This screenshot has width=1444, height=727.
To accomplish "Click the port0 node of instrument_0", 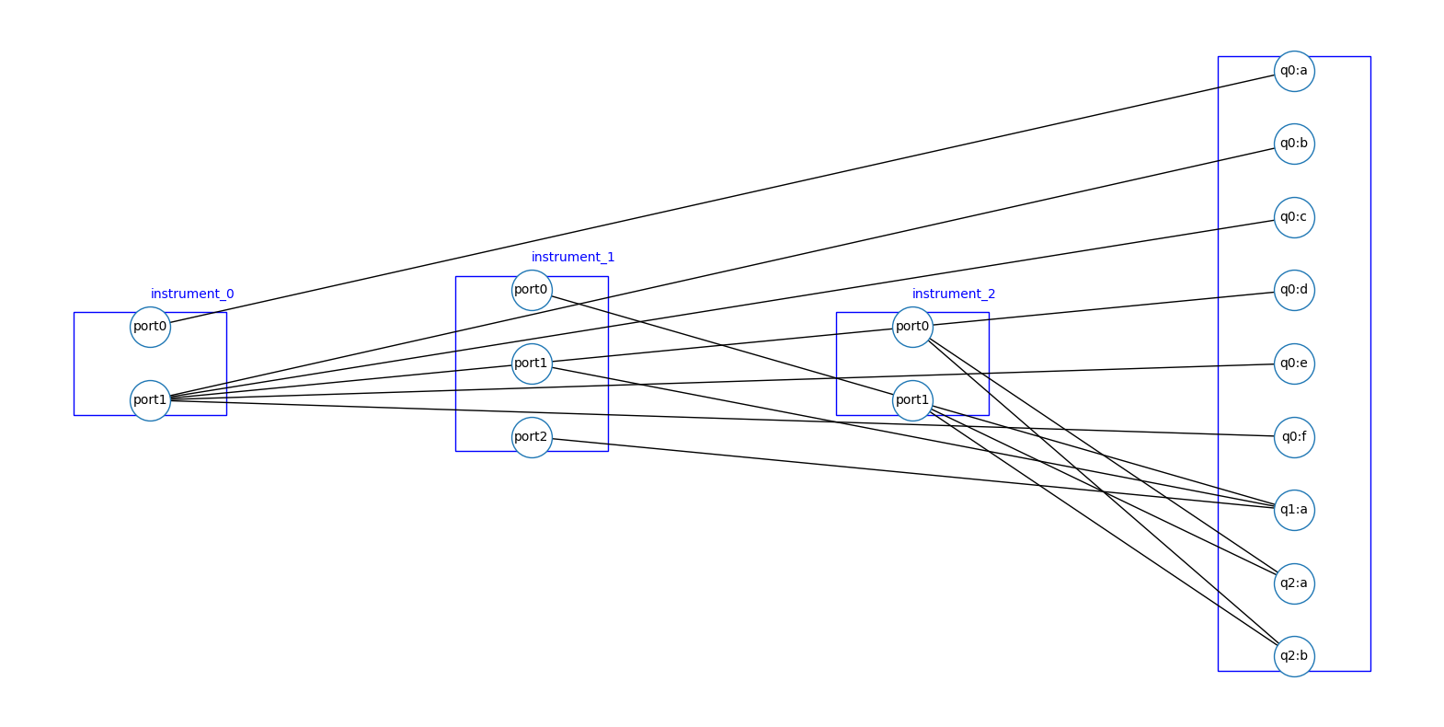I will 150,327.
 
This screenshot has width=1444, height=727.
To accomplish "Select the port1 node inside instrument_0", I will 150,400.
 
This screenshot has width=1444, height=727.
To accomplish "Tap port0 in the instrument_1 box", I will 532,290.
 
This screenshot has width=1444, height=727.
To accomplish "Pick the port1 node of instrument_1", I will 532,363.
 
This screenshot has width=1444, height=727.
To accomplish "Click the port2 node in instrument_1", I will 532,437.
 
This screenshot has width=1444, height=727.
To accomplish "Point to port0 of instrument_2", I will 912,327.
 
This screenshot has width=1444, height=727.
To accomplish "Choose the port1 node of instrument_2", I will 912,400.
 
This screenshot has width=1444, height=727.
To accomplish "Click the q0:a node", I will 1294,71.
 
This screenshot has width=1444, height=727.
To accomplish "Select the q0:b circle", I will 1294,144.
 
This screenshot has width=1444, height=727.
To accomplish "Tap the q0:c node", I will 1294,217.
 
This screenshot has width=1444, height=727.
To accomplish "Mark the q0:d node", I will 1294,290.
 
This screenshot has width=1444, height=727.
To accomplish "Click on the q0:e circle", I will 1294,363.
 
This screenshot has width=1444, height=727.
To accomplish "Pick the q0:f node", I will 1294,437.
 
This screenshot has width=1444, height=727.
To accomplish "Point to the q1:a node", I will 1294,510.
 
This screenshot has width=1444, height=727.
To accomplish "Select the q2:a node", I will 1294,583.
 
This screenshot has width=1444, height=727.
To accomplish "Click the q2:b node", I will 1294,656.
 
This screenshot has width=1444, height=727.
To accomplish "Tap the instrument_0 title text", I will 192,294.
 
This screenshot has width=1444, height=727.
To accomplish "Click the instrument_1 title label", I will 573,257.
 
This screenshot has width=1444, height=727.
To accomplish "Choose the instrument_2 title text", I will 954,294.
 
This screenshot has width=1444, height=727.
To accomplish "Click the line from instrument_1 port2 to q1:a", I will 828,465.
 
